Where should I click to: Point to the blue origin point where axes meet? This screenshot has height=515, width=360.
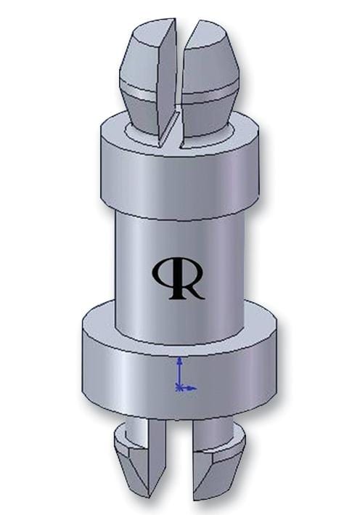pos(180,388)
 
